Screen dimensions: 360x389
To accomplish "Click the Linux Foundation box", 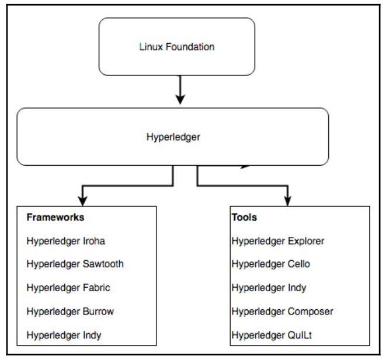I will point(176,47).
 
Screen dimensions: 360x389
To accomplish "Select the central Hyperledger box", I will point(172,137).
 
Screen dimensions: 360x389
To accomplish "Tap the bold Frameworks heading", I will point(55,217).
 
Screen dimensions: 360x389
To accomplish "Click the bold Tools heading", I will point(244,217).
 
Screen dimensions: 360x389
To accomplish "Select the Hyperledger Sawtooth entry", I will point(75,264).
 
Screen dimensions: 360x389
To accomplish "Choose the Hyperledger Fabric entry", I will point(68,288).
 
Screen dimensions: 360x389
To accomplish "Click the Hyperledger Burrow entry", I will point(70,312).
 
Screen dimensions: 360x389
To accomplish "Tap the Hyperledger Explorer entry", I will point(277,240).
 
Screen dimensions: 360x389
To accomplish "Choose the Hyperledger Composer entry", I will point(282,312).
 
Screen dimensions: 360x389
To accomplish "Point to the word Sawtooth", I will point(103,264).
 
